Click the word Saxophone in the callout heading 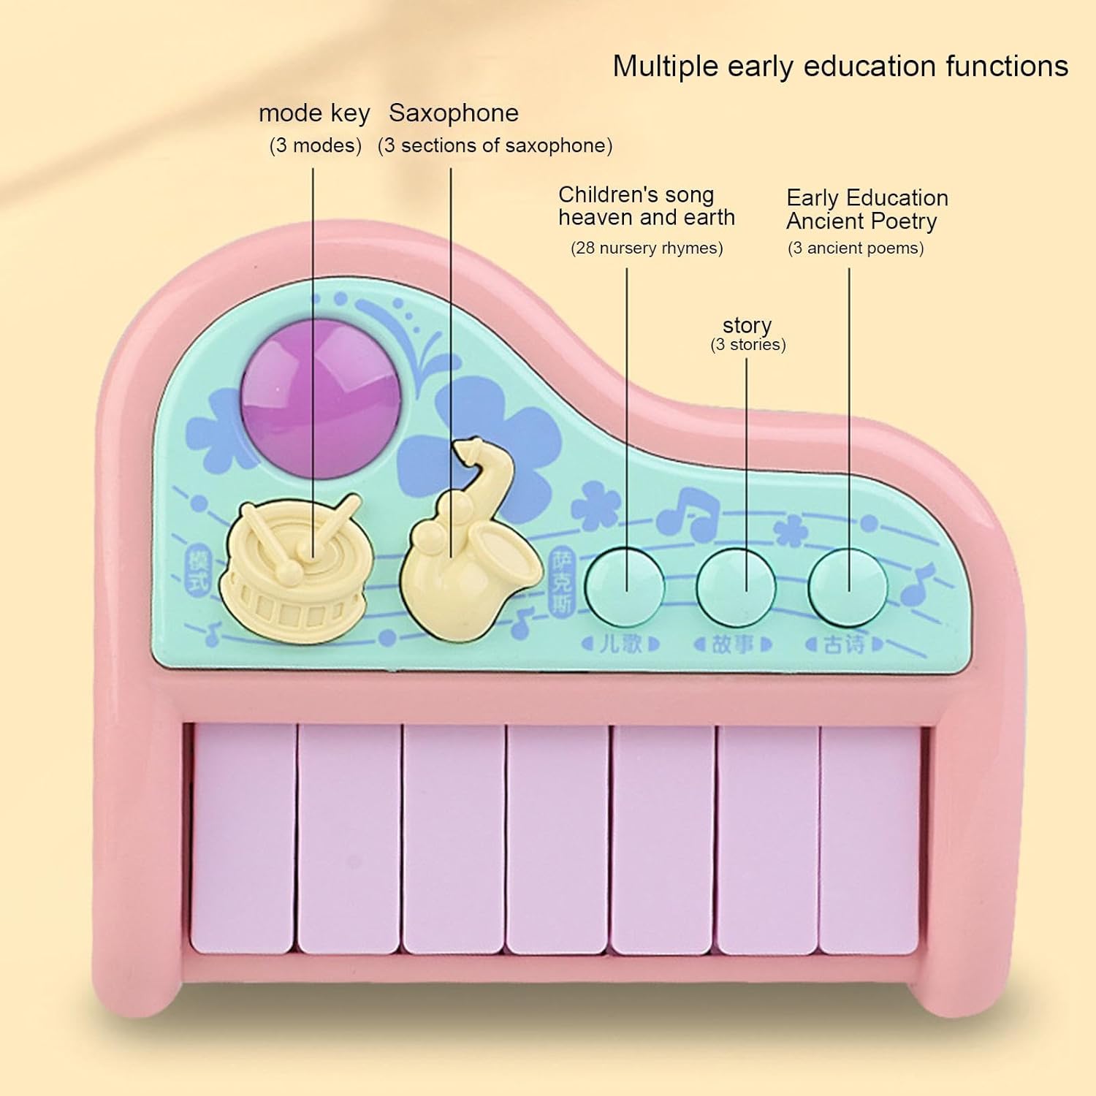pos(453,113)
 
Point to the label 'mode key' pos(314,114)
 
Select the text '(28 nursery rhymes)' pos(647,248)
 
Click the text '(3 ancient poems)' pos(855,248)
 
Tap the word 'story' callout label pos(747,325)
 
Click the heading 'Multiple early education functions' pos(840,66)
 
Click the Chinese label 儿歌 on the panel pos(620,644)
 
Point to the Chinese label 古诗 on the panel pos(844,644)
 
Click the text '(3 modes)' pos(315,145)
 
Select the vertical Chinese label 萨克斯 pos(563,581)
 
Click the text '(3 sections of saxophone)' pos(495,145)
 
